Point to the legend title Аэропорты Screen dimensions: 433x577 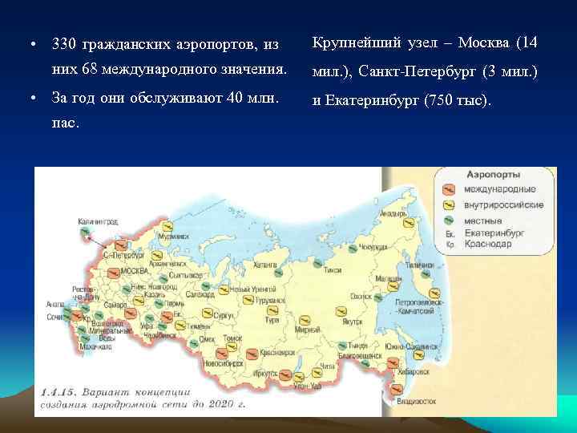pos(493,174)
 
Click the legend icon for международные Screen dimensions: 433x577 pos(450,190)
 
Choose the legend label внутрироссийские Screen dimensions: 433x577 pos(504,204)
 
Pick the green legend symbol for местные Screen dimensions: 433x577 pos(450,219)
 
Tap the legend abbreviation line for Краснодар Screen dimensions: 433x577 pos(490,243)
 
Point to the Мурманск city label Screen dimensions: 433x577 pos(174,237)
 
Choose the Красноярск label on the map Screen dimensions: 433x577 pos(276,352)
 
